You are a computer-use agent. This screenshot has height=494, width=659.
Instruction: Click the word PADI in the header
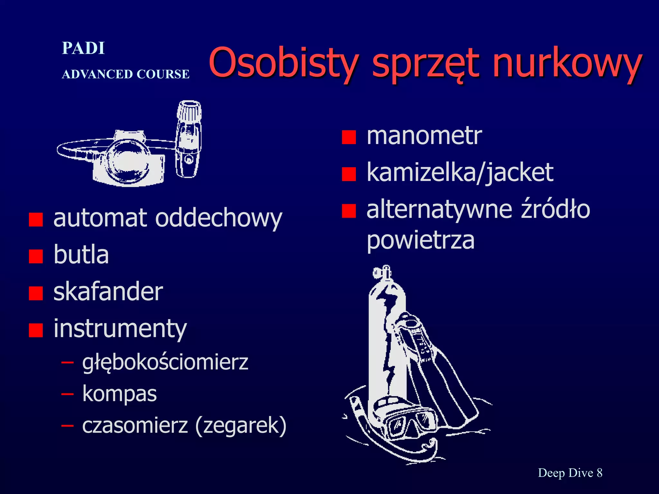[83, 48]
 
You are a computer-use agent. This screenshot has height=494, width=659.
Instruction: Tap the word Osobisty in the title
[283, 63]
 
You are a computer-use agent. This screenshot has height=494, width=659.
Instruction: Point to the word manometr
[424, 136]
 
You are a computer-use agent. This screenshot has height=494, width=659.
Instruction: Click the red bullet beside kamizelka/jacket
[349, 174]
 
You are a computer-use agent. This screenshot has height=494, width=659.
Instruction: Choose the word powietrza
[421, 240]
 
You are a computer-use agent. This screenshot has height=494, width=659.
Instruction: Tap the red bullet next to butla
[36, 256]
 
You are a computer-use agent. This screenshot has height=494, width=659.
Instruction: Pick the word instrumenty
[120, 329]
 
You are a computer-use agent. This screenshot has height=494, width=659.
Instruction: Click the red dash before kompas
[67, 394]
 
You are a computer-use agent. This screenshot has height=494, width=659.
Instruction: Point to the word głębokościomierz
[165, 362]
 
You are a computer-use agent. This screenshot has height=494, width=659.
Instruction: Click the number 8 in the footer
[599, 473]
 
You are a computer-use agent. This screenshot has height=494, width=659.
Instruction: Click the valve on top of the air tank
[382, 273]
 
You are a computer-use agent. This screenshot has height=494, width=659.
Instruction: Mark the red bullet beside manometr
[349, 137]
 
